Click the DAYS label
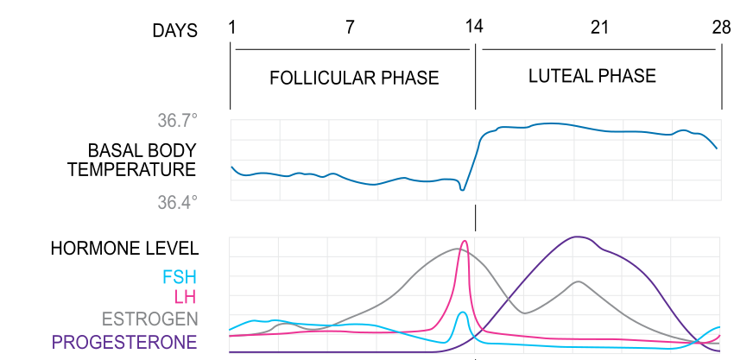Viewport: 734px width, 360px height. (174, 31)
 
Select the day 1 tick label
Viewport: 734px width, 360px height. (231, 27)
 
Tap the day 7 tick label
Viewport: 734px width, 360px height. (350, 27)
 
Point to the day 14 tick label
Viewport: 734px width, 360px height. (473, 27)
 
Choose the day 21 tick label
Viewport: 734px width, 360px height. (599, 27)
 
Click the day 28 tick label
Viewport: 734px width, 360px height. (721, 27)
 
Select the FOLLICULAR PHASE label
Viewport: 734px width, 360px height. (354, 79)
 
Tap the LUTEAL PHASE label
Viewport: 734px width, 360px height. (592, 76)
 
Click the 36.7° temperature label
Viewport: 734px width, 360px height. (177, 121)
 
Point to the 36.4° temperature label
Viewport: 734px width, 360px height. (177, 203)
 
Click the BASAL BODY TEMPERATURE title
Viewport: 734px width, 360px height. (132, 160)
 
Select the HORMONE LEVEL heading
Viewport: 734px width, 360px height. (124, 249)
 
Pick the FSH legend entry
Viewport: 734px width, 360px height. (180, 277)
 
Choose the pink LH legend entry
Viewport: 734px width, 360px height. (185, 297)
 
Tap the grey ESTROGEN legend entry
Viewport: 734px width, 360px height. (149, 319)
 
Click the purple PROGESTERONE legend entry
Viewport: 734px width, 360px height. (124, 342)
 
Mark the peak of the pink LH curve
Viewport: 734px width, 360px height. (465, 242)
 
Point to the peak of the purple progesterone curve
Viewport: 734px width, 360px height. (576, 237)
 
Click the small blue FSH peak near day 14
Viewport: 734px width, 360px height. (463, 313)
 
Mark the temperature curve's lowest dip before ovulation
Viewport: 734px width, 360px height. (462, 190)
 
